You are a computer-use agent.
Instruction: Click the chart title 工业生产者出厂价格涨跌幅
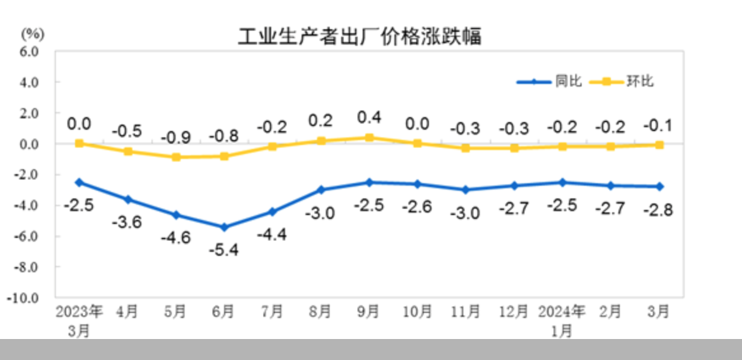[360, 36]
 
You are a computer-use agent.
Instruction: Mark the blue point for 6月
[224, 227]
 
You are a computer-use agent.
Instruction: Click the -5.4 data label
[224, 250]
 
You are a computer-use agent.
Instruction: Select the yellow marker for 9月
[369, 137]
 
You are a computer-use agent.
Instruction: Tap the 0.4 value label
[369, 117]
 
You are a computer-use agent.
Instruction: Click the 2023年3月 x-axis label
[79, 321]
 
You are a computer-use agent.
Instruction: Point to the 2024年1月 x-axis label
[562, 321]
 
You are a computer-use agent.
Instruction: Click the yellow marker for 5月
[176, 156]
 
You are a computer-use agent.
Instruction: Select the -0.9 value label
[176, 137]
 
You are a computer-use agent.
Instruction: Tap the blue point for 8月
[321, 190]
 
